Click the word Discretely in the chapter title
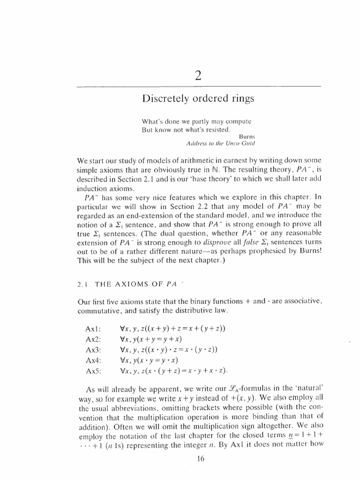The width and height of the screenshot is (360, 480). click(164, 99)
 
